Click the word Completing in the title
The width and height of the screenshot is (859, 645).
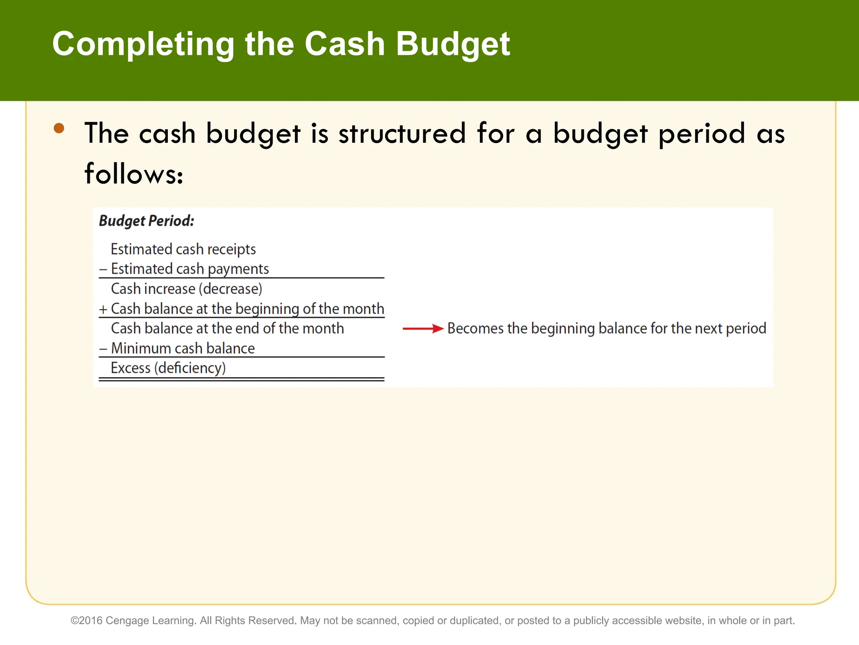(x=143, y=45)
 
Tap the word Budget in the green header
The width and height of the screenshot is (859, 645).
(x=453, y=45)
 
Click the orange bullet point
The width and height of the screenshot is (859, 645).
(x=59, y=128)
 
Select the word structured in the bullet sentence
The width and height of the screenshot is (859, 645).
(x=402, y=134)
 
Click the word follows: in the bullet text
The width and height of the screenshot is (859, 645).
(x=134, y=174)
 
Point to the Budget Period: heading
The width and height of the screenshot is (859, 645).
(x=146, y=221)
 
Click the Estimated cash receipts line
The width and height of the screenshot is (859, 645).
(x=183, y=249)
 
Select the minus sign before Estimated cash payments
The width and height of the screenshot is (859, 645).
(x=103, y=269)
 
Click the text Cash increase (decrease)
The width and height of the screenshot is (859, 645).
(x=186, y=289)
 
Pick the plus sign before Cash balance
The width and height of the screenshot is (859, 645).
(x=103, y=309)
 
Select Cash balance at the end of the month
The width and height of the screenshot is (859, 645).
(x=227, y=328)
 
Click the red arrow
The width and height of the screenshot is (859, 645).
(x=422, y=328)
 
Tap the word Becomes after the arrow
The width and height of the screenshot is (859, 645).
(x=475, y=328)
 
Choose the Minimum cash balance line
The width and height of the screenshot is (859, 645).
(x=182, y=349)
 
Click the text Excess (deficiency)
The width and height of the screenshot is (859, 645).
(x=168, y=368)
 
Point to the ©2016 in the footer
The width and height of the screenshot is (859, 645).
(x=86, y=621)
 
